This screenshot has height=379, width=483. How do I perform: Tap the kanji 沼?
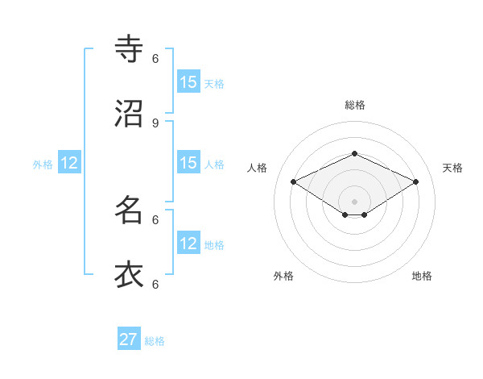129,114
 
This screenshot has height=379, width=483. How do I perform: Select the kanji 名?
129,210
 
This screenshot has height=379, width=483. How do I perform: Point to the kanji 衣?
129,275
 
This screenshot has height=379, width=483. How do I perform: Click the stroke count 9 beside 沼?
155,123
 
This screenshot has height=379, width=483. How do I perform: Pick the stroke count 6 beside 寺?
155,58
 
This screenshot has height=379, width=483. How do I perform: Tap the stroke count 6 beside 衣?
155,284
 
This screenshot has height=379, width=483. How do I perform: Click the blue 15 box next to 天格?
188,81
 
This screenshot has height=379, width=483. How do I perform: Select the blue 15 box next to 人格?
188,163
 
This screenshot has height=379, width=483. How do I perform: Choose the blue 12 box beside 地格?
188,244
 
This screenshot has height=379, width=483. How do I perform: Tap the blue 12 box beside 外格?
69,163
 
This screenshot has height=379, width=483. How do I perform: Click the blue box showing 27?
129,339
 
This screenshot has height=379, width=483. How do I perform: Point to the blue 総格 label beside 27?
155,341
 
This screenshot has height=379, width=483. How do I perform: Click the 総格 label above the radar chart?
354,105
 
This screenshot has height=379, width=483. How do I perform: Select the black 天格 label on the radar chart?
452,168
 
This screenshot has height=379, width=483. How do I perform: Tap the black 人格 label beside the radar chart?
257,168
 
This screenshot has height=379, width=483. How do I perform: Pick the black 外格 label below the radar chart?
283,276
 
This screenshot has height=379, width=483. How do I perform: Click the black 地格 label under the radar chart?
422,276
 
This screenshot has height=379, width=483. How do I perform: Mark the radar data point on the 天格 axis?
415,182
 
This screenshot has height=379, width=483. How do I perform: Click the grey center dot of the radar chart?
354,202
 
